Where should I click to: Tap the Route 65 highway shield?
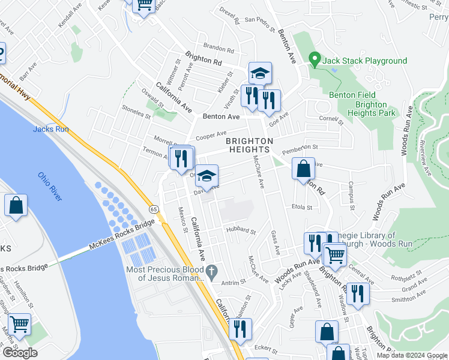(x=154, y=209)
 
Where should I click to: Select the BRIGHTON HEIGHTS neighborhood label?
(x=250, y=146)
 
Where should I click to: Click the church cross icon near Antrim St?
(x=211, y=272)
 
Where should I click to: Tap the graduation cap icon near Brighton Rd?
(x=260, y=73)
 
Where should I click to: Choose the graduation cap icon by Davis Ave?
(x=206, y=176)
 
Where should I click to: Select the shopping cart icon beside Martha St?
(x=20, y=325)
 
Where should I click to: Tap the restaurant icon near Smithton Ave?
(x=358, y=293)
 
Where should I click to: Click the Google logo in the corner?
(x=20, y=353)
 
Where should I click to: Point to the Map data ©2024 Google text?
(x=412, y=355)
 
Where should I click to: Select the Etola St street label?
(x=302, y=208)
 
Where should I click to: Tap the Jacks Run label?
(x=47, y=129)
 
